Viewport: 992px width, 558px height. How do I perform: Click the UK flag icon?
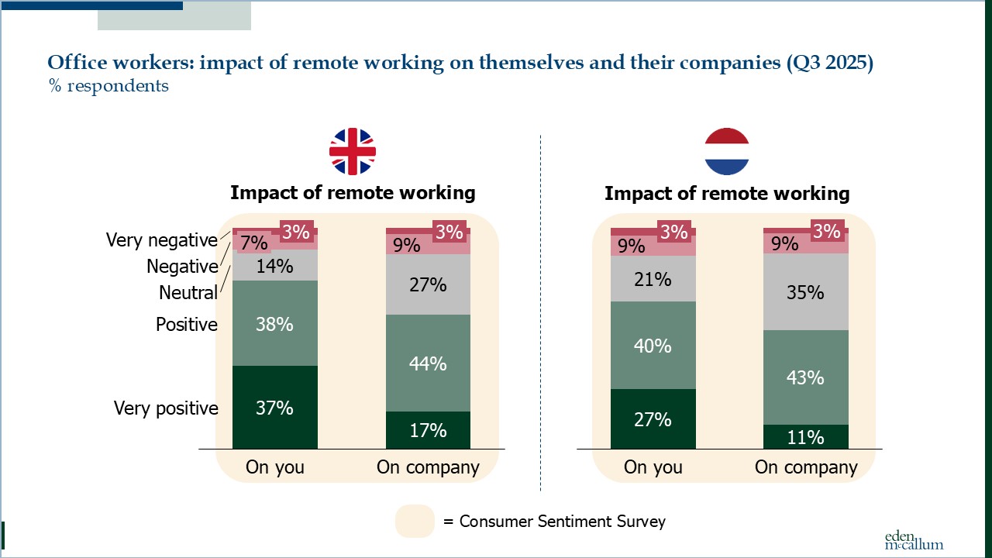click(x=353, y=151)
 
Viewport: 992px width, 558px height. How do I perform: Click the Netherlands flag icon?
click(x=727, y=151)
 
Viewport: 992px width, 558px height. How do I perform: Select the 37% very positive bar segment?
click(x=274, y=407)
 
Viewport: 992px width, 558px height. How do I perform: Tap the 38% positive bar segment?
click(x=274, y=323)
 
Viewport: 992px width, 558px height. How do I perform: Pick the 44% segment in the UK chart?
click(x=428, y=363)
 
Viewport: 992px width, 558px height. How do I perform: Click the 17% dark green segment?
click(x=428, y=430)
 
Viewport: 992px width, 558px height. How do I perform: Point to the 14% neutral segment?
click(x=274, y=265)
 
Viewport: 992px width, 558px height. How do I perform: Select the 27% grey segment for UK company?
click(x=428, y=284)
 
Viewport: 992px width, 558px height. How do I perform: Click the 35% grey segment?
click(x=806, y=292)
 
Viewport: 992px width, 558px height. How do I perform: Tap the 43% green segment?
click(x=806, y=377)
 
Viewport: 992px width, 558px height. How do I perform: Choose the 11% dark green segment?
click(x=806, y=437)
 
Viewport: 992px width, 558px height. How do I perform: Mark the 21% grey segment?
click(x=653, y=278)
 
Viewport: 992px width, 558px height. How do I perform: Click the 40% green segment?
click(x=653, y=346)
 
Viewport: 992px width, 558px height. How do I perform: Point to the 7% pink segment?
click(x=254, y=243)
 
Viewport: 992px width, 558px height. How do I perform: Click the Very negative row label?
click(x=162, y=240)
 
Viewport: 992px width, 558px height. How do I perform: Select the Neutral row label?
click(x=188, y=293)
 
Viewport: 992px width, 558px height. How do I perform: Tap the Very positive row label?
click(x=166, y=408)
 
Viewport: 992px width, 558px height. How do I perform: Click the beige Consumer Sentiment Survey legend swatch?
click(x=415, y=522)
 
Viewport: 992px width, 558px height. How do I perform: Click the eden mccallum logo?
click(x=914, y=540)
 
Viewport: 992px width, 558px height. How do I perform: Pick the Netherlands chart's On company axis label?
click(x=806, y=467)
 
